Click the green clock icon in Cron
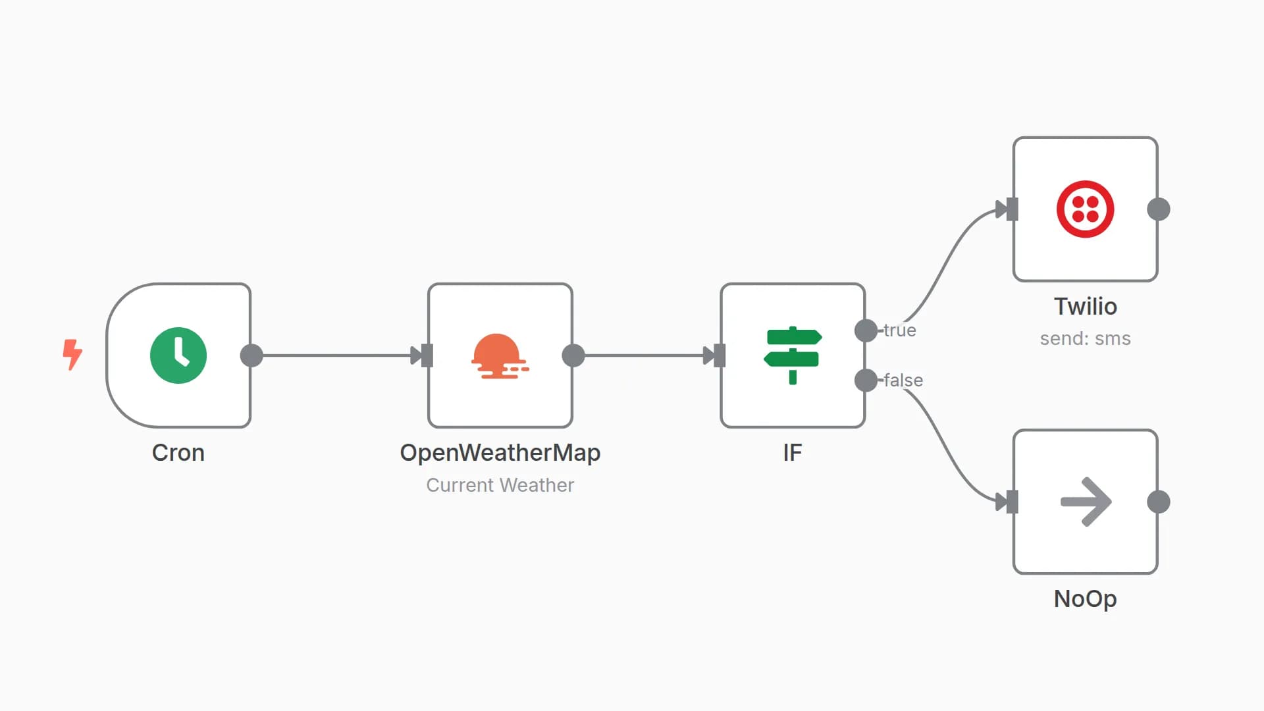tap(178, 355)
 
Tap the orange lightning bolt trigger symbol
tap(72, 354)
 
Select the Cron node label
tap(178, 453)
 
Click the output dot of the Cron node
tap(251, 355)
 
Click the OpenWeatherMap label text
tap(500, 453)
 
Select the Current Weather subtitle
tap(500, 485)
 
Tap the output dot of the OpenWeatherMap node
tap(573, 355)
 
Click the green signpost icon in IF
tap(793, 355)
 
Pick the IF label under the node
tap(793, 453)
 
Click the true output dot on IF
tap(866, 330)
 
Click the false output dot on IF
tap(866, 380)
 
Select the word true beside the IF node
tap(900, 330)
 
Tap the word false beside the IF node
tap(903, 381)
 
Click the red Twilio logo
tap(1085, 209)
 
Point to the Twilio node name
tap(1085, 307)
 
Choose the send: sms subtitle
tap(1085, 338)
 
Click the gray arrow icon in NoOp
tap(1086, 502)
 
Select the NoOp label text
tap(1085, 599)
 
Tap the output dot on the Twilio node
tap(1159, 209)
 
